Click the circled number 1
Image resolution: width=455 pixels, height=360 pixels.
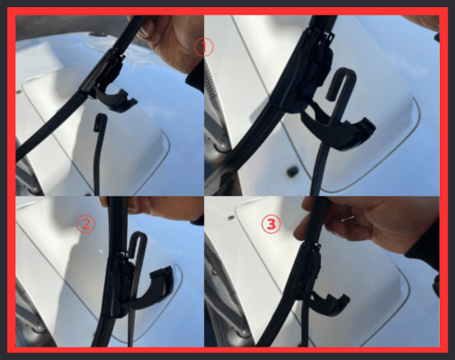204,47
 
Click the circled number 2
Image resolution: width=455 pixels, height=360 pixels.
86,224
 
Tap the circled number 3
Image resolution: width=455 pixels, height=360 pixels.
272,224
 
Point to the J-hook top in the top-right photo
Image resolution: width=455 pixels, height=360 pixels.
344,74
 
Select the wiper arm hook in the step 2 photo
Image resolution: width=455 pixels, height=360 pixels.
138,240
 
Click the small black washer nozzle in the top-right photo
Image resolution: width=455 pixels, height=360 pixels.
291,172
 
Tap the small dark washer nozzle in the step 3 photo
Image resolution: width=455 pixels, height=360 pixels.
231,217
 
